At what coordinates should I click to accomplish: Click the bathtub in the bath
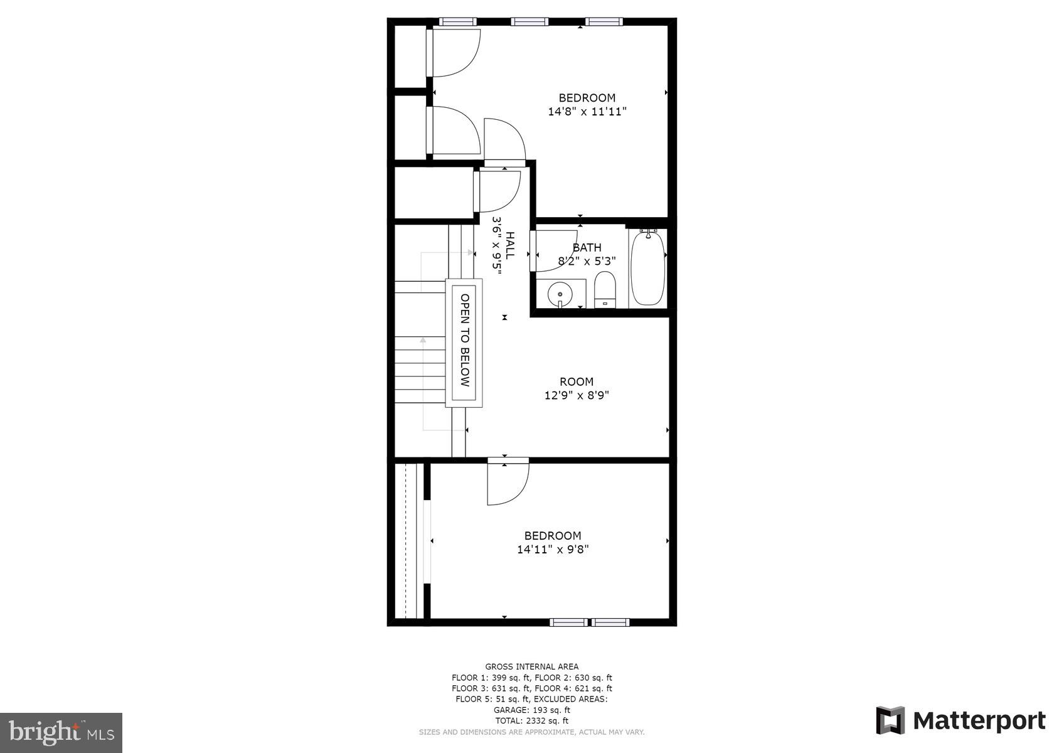pyautogui.click(x=647, y=268)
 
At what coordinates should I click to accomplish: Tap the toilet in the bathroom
pyautogui.click(x=605, y=289)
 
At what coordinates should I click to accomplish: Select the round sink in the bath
pyautogui.click(x=558, y=293)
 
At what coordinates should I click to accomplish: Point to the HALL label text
pyautogui.click(x=510, y=245)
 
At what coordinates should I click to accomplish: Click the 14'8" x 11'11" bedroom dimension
pyautogui.click(x=587, y=112)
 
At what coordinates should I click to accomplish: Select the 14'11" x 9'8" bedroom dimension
pyautogui.click(x=553, y=550)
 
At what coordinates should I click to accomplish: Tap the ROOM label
pyautogui.click(x=577, y=382)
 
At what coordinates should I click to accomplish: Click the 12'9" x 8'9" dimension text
pyautogui.click(x=577, y=395)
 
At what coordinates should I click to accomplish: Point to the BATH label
pyautogui.click(x=587, y=248)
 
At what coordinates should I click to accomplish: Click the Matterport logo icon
pyautogui.click(x=890, y=720)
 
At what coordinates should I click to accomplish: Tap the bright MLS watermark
pyautogui.click(x=61, y=732)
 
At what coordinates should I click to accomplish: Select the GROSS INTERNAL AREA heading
pyautogui.click(x=531, y=667)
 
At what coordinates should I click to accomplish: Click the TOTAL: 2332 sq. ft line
pyautogui.click(x=531, y=721)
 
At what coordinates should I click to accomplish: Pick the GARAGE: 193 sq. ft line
pyautogui.click(x=531, y=710)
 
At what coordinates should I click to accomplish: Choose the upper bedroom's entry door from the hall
pyautogui.click(x=504, y=141)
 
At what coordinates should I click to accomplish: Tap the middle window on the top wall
pyautogui.click(x=529, y=22)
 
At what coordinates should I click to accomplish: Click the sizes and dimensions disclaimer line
pyautogui.click(x=531, y=732)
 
